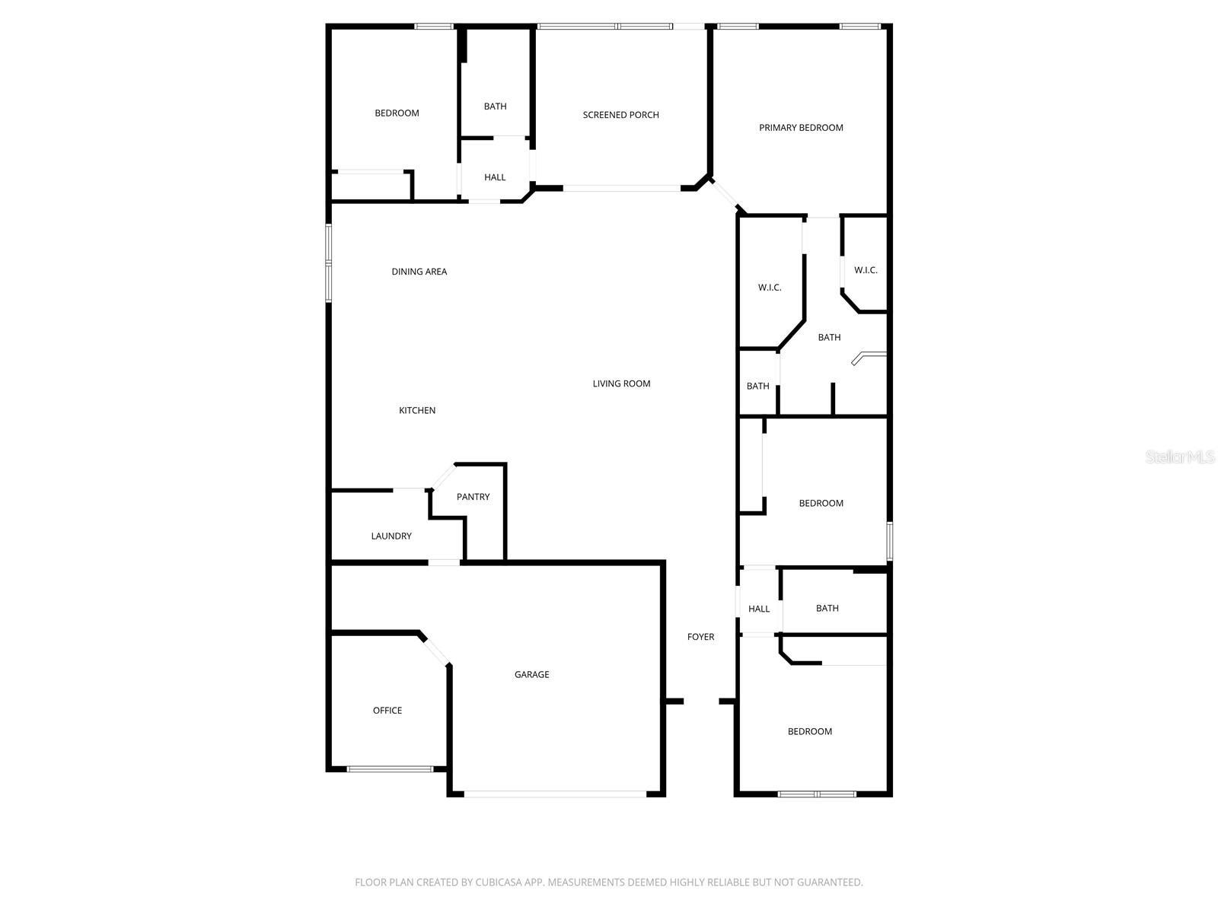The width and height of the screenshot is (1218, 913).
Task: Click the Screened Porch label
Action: tap(620, 115)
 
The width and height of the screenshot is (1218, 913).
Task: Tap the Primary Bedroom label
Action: tap(801, 128)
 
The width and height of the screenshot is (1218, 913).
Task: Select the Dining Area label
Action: tap(419, 272)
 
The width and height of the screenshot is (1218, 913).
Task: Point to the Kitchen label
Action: tap(417, 411)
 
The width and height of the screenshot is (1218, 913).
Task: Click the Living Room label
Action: tap(621, 383)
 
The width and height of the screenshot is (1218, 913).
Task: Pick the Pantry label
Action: tap(473, 497)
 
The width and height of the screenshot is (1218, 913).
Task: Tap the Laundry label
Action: tap(391, 536)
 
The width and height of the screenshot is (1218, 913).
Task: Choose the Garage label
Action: tap(531, 675)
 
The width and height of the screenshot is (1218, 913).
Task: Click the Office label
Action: tap(387, 711)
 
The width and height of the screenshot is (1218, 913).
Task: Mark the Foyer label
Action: tap(700, 637)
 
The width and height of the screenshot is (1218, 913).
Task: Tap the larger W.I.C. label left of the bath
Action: tap(770, 288)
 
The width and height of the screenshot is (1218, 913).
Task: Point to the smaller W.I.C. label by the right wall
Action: tap(866, 270)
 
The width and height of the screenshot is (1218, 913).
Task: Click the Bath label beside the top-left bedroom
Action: tap(495, 107)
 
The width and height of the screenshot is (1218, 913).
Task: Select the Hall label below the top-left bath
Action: tap(495, 177)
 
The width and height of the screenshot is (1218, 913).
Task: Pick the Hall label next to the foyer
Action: tap(759, 609)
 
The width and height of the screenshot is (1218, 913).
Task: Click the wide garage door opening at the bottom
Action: tap(555, 794)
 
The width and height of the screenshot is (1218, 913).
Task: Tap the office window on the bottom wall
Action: tap(390, 769)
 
